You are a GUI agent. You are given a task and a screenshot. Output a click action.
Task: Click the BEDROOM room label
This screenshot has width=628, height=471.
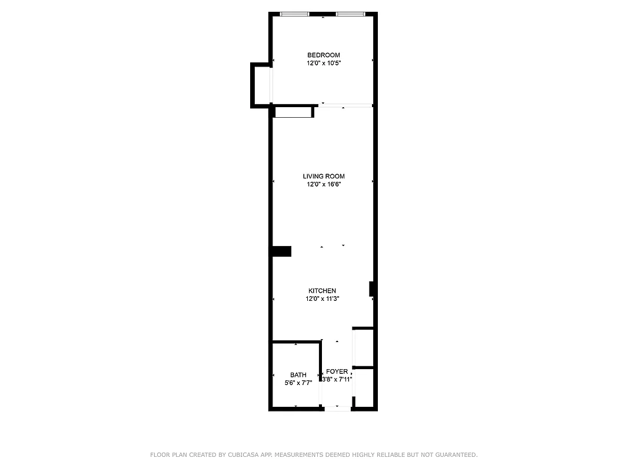tap(323, 55)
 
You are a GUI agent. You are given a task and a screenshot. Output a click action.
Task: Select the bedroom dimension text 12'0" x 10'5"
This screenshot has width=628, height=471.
tap(323, 63)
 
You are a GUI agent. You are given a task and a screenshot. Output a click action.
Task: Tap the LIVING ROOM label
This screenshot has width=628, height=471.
tap(324, 177)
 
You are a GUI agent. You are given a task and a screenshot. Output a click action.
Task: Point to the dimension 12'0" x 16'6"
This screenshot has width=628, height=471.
tap(324, 184)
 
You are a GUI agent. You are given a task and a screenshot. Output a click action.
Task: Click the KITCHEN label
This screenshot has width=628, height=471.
tap(323, 291)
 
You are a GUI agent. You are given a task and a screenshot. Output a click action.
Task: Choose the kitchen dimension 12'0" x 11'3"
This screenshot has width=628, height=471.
tap(323, 298)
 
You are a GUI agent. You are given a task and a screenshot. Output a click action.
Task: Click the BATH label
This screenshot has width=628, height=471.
tap(298, 375)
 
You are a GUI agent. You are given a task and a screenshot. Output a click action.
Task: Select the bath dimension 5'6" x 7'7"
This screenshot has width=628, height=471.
tap(298, 383)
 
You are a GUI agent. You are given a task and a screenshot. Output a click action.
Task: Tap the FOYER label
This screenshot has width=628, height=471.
tap(337, 372)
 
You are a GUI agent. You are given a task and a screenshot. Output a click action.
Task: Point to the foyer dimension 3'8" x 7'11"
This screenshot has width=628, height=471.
tap(337, 380)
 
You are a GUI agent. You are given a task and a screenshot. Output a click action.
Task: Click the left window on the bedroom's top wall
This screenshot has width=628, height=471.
tap(295, 14)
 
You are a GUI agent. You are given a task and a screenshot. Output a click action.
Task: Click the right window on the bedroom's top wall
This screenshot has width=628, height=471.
tap(350, 14)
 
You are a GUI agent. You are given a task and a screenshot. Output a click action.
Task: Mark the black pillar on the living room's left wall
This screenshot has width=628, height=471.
tap(281, 251)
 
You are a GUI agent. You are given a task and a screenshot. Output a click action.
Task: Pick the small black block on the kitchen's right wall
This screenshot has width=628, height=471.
tap(372, 288)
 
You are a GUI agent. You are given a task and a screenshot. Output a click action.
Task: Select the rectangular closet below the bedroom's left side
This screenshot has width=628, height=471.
tap(293, 112)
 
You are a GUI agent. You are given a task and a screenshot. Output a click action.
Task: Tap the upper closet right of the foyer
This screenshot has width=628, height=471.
tap(363, 347)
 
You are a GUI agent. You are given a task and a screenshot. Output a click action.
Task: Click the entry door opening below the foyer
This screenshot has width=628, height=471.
tap(337, 407)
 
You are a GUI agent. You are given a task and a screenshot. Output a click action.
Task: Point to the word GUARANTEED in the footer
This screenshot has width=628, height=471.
tap(453, 455)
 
